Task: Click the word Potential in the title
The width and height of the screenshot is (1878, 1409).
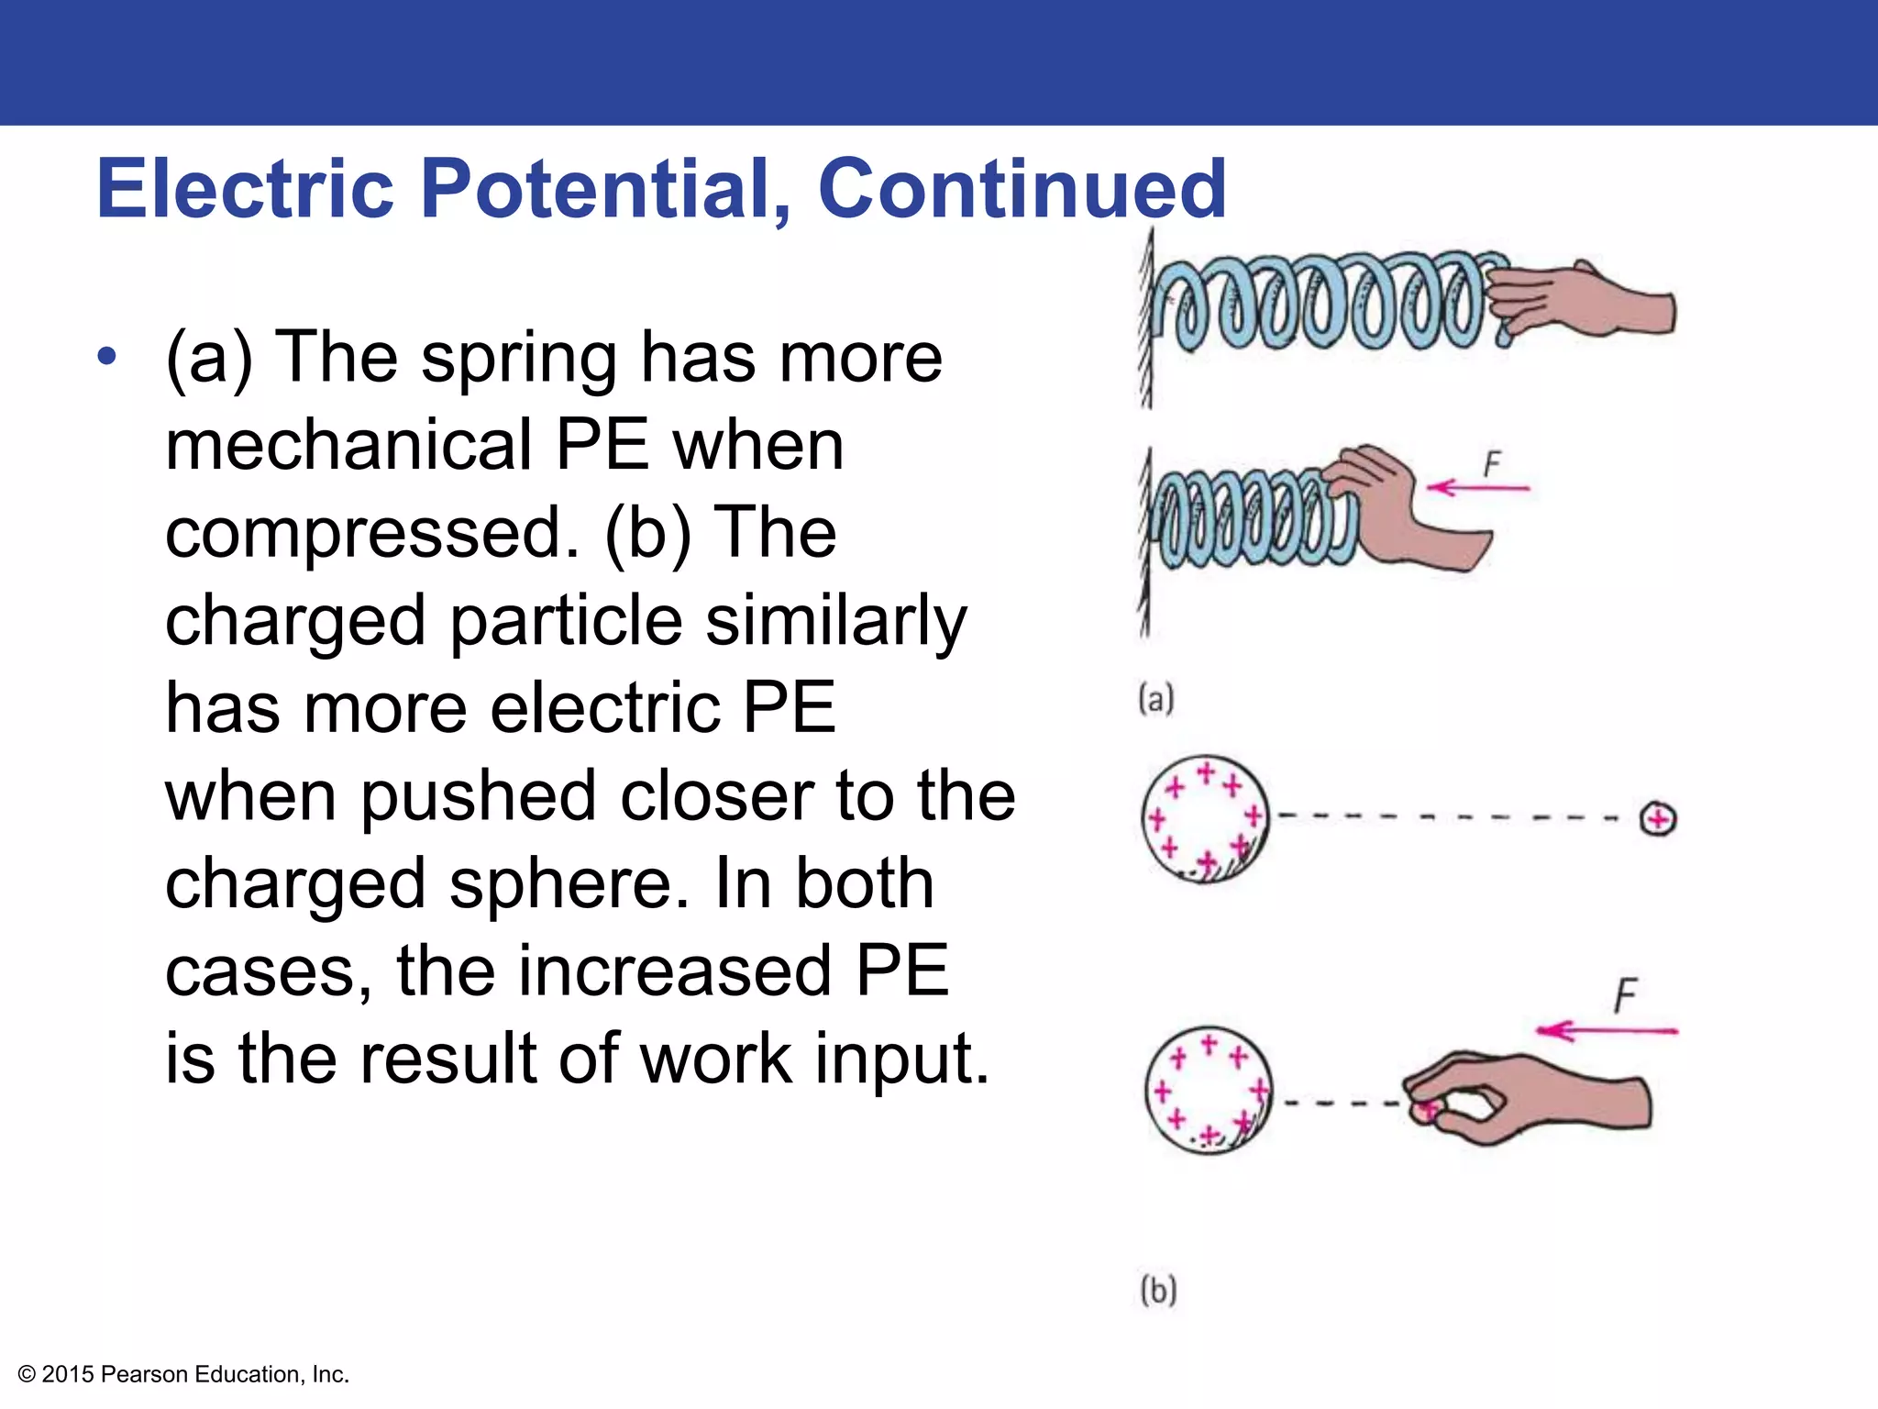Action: (x=604, y=189)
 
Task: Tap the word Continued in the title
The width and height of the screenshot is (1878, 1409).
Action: (x=1022, y=189)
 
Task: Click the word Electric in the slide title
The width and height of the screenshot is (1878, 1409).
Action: (x=245, y=189)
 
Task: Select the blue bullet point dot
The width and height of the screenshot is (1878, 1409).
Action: (x=107, y=357)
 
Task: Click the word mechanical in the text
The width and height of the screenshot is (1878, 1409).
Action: (x=348, y=445)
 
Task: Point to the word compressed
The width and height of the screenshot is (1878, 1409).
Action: (x=371, y=533)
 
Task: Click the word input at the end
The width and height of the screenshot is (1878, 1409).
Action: (x=902, y=1059)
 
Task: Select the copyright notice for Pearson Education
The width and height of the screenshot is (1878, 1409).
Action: (x=183, y=1374)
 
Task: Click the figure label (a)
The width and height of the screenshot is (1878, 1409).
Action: (x=1155, y=699)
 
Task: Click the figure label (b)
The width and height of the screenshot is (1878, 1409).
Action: (x=1158, y=1290)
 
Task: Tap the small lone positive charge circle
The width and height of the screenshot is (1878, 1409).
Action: (x=1658, y=818)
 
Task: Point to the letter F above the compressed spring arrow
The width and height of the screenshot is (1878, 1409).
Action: (x=1493, y=463)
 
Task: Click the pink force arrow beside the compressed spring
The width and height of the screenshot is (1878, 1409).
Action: (x=1479, y=488)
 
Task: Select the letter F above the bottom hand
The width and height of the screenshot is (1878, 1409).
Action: (x=1626, y=995)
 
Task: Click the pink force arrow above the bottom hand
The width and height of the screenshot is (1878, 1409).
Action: (x=1607, y=1031)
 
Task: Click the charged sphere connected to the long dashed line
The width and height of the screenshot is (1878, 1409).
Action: (x=1206, y=818)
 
